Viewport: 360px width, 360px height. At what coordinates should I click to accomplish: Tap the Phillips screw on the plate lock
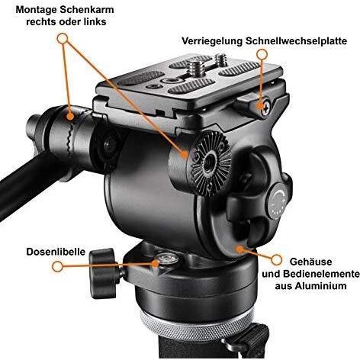(x=264, y=106)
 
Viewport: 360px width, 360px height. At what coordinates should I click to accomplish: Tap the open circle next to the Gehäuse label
(x=242, y=249)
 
